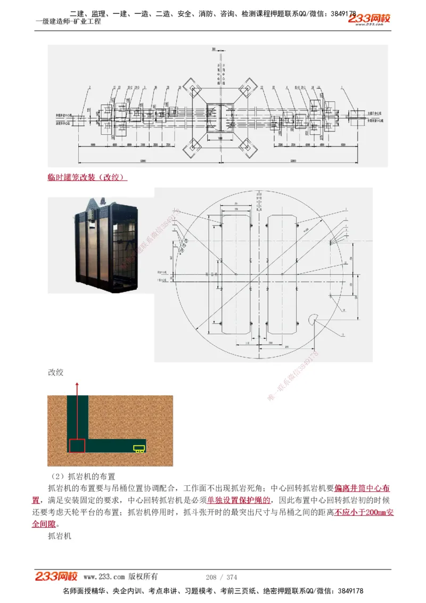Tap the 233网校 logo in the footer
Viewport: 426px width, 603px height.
point(56,576)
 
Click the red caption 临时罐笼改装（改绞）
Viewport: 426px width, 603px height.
point(87,177)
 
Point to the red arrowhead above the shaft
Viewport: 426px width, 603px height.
point(78,385)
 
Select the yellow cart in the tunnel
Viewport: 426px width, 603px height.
point(140,449)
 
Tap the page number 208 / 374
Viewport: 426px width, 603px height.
point(221,577)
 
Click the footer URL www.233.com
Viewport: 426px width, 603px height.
point(104,577)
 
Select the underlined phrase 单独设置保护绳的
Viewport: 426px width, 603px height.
point(239,500)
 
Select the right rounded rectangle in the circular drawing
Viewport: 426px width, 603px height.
point(285,274)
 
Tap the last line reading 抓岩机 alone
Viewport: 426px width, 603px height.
point(59,536)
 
